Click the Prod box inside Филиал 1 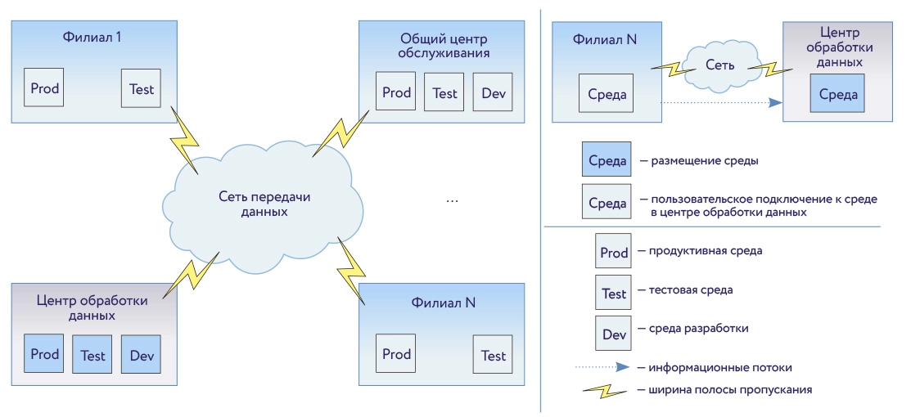click(x=45, y=88)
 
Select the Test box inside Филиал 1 click(x=142, y=88)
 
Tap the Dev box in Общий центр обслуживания click(x=494, y=92)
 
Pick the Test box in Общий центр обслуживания click(x=444, y=92)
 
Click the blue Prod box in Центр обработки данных click(x=45, y=354)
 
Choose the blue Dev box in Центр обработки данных click(x=142, y=355)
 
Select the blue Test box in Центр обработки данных click(x=92, y=355)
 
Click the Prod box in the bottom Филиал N click(x=396, y=354)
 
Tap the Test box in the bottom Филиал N click(x=494, y=355)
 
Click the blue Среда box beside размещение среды click(x=607, y=161)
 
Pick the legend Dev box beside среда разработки click(x=614, y=334)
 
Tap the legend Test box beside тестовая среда click(x=614, y=294)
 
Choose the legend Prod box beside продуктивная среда click(x=614, y=253)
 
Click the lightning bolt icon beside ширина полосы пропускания click(x=606, y=390)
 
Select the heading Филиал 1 click(x=92, y=37)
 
